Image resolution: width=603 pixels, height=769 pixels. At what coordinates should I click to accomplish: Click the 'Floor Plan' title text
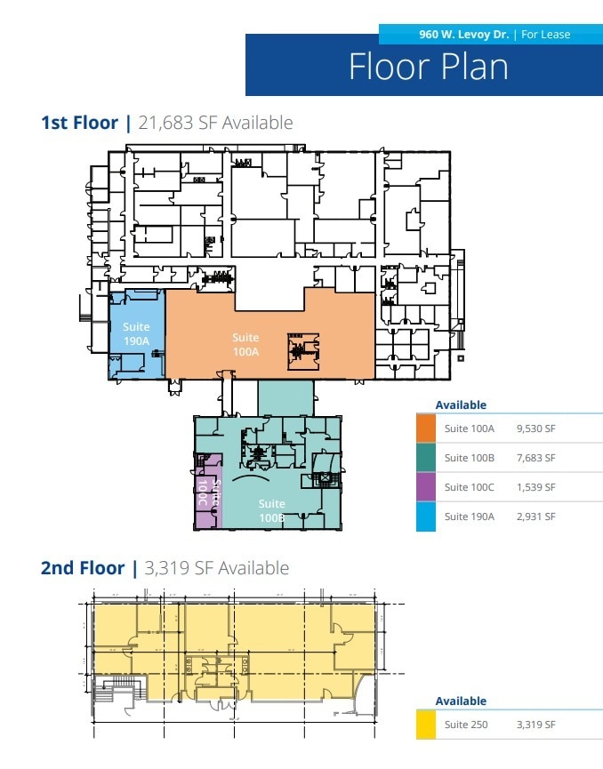(428, 68)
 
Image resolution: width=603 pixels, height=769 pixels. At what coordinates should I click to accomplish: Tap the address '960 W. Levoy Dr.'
(464, 35)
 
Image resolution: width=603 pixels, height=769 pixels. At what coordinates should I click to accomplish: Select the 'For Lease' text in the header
(545, 35)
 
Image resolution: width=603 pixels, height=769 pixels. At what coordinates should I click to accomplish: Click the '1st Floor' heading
(79, 123)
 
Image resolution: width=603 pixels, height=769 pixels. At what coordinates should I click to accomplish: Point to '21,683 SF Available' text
(215, 123)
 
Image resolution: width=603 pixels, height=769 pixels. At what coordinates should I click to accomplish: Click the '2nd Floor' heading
(82, 568)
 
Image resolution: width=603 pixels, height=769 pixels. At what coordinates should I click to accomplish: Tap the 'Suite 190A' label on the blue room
(136, 332)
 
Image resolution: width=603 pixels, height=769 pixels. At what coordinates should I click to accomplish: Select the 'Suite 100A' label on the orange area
(245, 344)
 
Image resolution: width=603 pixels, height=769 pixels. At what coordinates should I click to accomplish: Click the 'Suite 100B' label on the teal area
(271, 509)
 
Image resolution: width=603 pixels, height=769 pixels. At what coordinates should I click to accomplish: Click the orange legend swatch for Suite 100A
(426, 429)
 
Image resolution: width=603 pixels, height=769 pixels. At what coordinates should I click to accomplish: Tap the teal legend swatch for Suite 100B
(426, 458)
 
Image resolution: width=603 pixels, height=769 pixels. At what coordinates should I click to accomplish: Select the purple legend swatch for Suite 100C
(426, 487)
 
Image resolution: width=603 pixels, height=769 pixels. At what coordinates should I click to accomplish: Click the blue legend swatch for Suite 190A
(426, 517)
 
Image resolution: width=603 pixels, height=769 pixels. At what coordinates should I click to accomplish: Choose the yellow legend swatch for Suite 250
(426, 725)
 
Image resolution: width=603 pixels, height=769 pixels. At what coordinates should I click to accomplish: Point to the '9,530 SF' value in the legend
(535, 429)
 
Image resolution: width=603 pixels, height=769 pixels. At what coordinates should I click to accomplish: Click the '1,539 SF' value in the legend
(535, 487)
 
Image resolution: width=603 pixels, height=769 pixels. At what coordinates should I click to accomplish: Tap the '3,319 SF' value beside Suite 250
(535, 725)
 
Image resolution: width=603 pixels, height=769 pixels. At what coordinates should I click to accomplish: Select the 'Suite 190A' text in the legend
(470, 517)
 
